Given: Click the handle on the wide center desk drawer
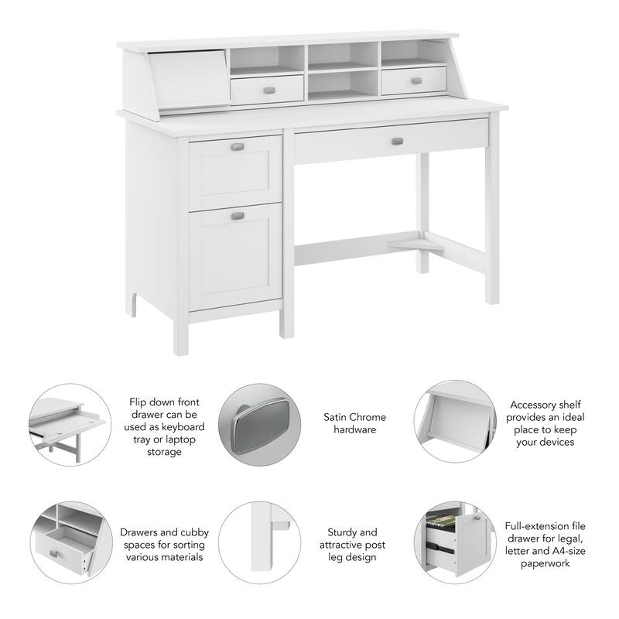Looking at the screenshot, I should (397, 141).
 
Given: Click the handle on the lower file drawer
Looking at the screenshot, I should (238, 215).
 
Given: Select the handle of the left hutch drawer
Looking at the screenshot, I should (268, 89).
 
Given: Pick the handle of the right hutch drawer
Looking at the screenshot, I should (416, 80).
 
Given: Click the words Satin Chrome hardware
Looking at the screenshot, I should (354, 423).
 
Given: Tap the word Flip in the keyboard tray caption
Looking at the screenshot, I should (140, 402).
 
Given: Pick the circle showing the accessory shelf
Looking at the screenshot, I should (452, 422).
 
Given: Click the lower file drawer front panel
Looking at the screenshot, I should (235, 255).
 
